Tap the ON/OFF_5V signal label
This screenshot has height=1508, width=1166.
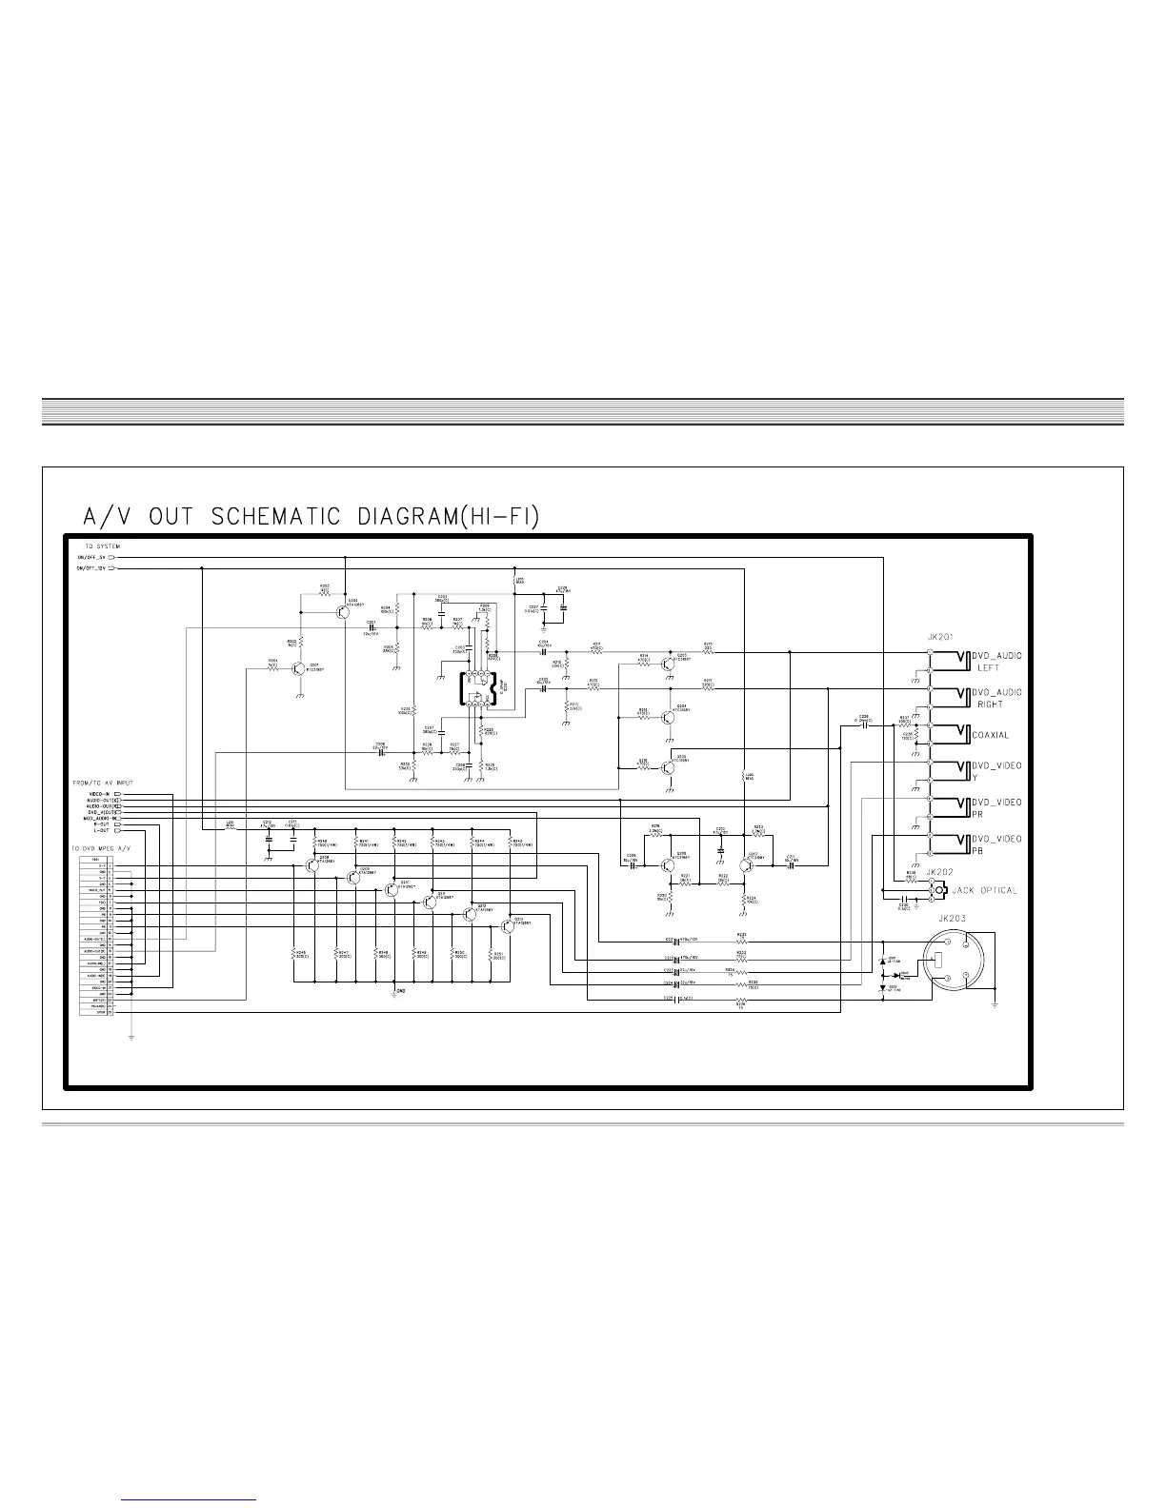point(93,557)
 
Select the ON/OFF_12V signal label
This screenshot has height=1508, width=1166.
point(93,568)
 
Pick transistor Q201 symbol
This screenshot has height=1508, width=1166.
point(299,670)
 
